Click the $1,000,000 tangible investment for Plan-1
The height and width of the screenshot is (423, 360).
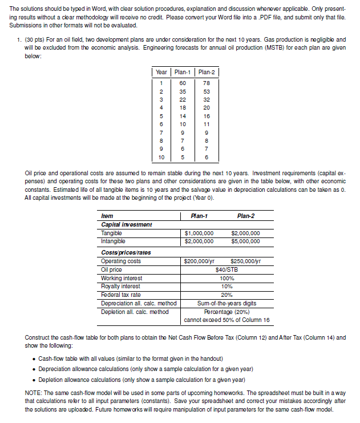coord(200,233)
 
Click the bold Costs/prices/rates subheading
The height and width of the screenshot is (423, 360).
coord(126,252)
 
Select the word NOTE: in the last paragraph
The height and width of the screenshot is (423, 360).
coord(35,392)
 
